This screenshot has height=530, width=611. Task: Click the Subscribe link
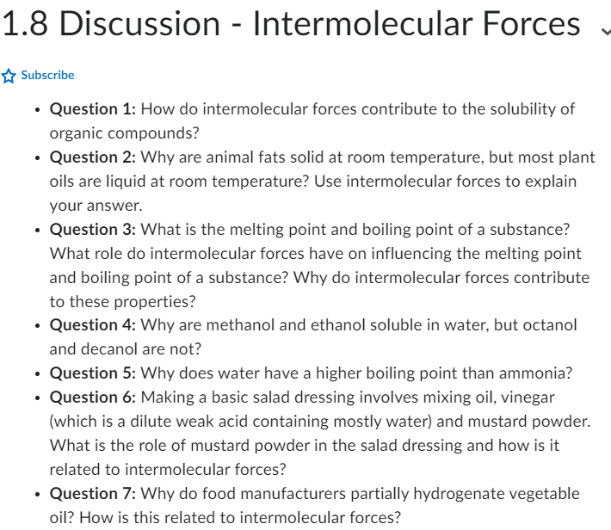click(47, 76)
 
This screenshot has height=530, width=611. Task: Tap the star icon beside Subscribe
click(9, 76)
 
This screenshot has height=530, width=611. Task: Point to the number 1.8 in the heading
click(25, 24)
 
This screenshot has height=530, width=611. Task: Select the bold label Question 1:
click(93, 109)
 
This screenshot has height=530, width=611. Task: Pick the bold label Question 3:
click(93, 230)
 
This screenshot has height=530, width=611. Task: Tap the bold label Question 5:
click(93, 373)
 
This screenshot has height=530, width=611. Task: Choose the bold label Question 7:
click(93, 494)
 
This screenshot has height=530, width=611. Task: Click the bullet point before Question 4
click(37, 326)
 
